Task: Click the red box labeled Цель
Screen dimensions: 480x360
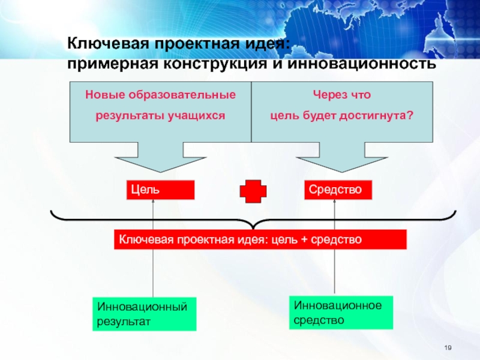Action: (160, 190)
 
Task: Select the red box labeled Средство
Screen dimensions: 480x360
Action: (338, 190)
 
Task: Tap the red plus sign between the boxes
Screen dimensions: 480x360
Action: (253, 191)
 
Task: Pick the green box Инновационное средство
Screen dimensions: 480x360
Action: (341, 313)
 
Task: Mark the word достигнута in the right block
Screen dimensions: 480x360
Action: (377, 114)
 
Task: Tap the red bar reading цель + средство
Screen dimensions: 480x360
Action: (260, 240)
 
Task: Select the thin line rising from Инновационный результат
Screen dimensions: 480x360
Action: (154, 270)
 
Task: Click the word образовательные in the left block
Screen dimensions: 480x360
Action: (181, 95)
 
